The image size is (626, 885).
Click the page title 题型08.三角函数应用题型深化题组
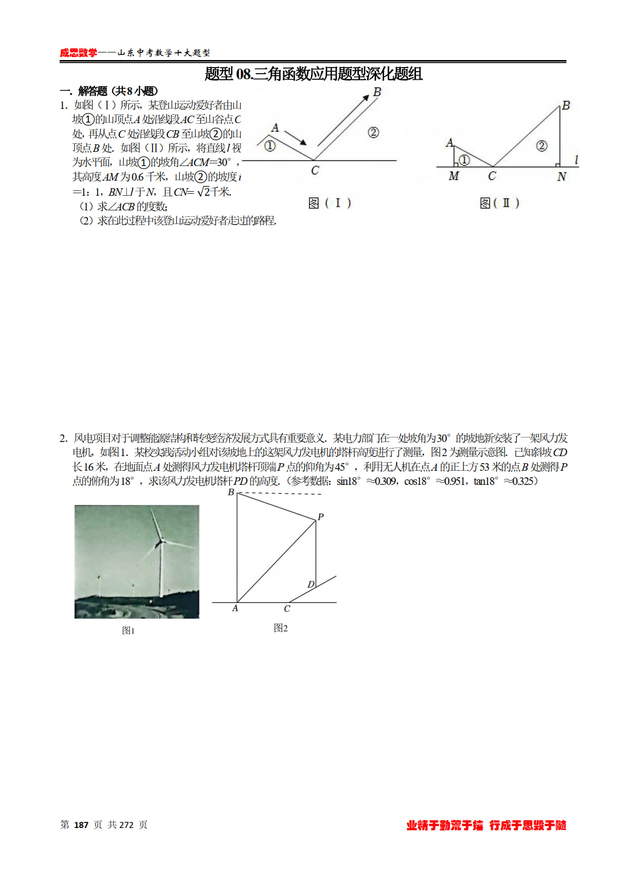coord(313,74)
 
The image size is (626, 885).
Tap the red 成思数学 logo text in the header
coord(78,53)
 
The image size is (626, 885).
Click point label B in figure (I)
coord(377,92)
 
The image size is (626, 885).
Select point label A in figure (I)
coord(275,128)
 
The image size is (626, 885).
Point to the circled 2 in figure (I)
coord(373,133)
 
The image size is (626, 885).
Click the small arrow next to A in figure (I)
coord(295,137)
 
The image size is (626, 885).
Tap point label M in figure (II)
coord(454,176)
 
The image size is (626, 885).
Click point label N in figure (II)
coord(561,177)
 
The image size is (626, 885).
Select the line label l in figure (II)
coord(576,160)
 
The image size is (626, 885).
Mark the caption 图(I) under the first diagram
coord(330,203)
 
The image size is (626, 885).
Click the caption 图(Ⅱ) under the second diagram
coord(499,203)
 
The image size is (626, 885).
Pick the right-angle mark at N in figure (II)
coord(557,164)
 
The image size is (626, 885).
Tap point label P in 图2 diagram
coord(321,517)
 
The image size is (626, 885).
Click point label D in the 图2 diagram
coord(310,584)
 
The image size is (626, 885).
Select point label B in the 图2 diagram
coord(231,492)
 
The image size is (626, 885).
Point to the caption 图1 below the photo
coord(128,631)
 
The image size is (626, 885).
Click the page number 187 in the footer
coord(81,825)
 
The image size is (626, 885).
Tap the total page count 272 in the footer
coord(126,825)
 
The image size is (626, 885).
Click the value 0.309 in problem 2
coord(386,481)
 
